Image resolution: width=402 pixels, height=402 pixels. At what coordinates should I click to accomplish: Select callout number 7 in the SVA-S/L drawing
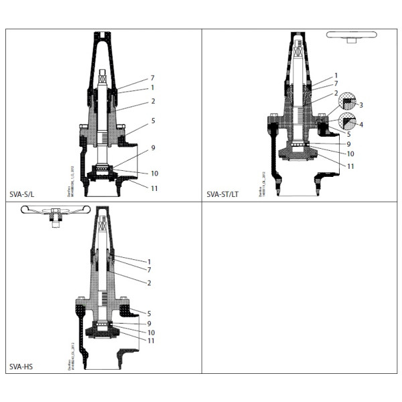coord(152,78)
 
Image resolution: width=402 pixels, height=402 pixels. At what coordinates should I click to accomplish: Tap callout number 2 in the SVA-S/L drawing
coord(153,101)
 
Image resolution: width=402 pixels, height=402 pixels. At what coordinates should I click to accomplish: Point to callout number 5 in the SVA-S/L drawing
coord(153,121)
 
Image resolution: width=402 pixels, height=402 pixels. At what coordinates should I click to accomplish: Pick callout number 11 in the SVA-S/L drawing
coord(154,188)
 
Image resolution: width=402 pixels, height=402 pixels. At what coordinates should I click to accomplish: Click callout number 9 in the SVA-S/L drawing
coord(153,147)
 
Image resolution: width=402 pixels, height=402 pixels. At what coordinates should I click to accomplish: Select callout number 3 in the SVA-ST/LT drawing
coord(360,105)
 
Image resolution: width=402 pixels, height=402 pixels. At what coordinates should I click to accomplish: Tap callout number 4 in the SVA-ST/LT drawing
coord(360,125)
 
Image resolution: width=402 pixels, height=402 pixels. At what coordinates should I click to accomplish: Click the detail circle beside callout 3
coord(347,101)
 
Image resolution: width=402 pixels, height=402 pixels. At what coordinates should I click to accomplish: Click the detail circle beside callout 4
coord(347,121)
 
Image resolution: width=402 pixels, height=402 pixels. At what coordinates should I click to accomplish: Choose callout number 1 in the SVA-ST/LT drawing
coord(336,75)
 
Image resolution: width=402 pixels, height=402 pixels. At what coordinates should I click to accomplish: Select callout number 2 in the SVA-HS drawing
coord(149,283)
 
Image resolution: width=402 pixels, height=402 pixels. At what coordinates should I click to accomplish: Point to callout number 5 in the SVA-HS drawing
coord(149,313)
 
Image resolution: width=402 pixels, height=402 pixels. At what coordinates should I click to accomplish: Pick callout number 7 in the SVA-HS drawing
coord(149,269)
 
